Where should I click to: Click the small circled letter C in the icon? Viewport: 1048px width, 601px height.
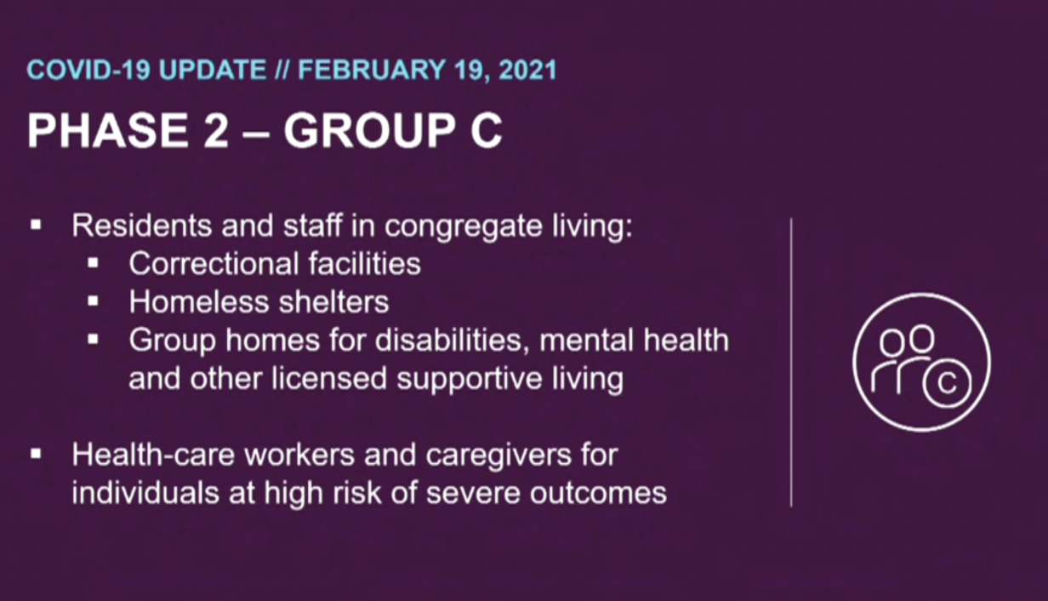tap(946, 383)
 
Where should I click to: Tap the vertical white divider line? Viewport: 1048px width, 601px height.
tap(791, 362)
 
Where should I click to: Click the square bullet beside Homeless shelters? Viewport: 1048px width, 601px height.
tap(94, 301)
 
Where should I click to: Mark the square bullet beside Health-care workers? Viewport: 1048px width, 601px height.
tap(37, 455)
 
